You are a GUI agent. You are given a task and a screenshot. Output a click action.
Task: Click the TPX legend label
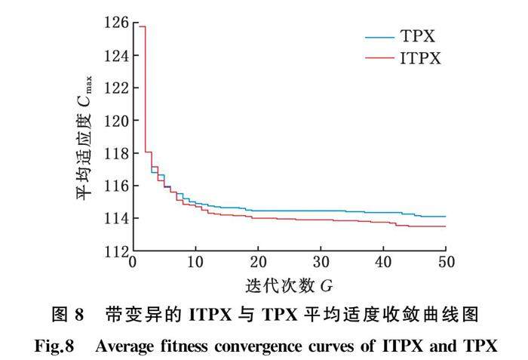click(417, 36)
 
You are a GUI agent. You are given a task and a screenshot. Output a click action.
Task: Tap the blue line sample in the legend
click(379, 36)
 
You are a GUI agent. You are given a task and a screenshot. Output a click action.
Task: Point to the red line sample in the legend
click(379, 58)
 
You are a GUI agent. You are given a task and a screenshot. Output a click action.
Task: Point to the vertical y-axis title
click(84, 136)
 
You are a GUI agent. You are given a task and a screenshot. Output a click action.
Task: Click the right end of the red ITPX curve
click(445, 226)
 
